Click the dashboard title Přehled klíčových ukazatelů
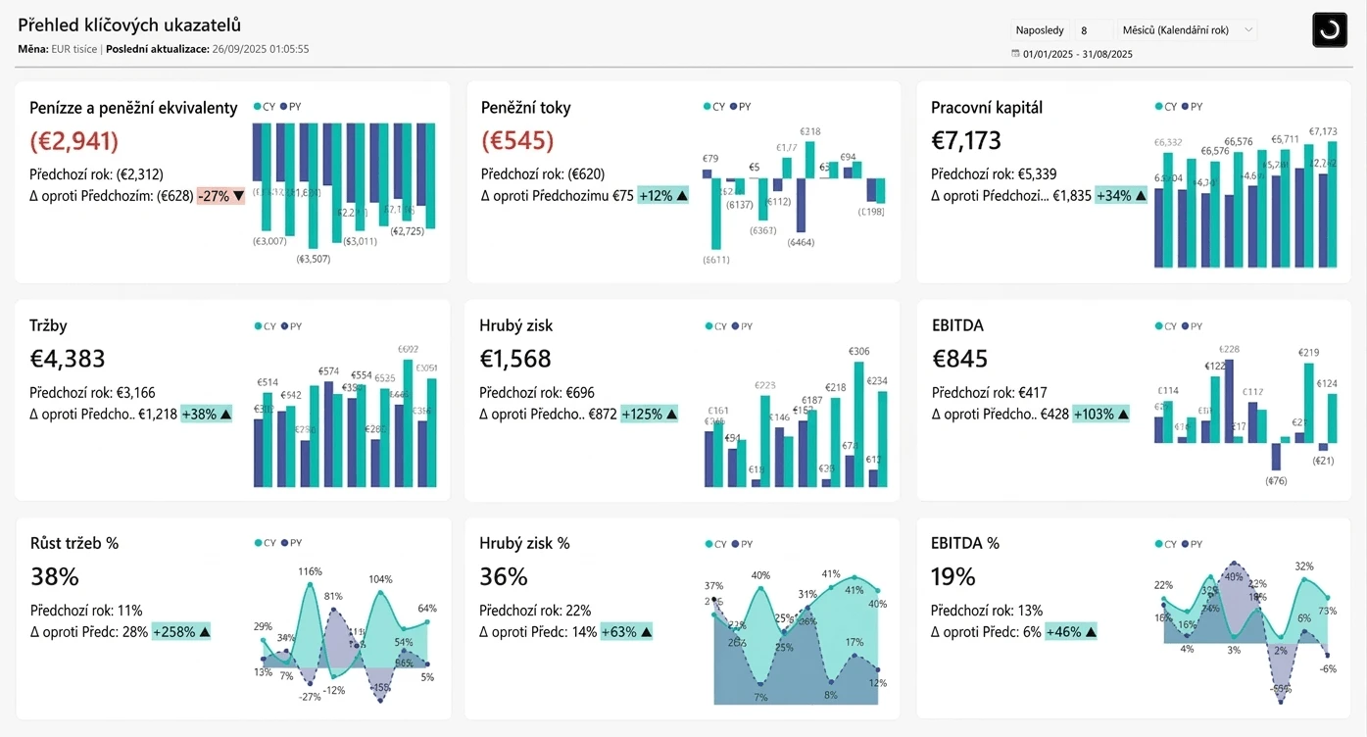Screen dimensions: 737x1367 [x=129, y=25]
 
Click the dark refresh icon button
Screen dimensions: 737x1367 [x=1330, y=30]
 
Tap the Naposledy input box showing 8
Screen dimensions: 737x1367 [x=1093, y=30]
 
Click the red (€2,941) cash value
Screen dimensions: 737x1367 [x=74, y=141]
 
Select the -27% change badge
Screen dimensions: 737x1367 [x=220, y=196]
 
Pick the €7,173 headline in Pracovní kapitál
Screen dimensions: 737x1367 [x=966, y=141]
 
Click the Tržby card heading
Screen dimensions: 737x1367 [x=48, y=325]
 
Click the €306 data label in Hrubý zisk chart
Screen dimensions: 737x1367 [x=858, y=352]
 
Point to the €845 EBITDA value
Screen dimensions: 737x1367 [x=959, y=359]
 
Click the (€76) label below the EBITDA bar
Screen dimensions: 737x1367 [x=1276, y=480]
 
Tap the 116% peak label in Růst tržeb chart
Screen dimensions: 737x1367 [x=311, y=571]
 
